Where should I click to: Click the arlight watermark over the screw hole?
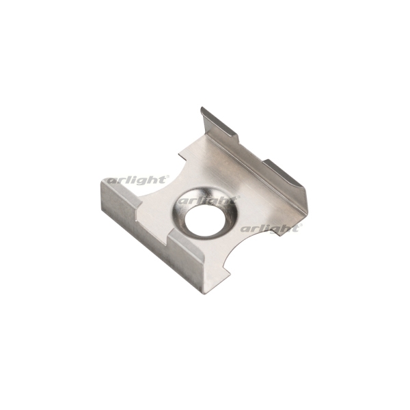coord(207,200)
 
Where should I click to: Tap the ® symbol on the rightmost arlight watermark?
coord(301,225)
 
